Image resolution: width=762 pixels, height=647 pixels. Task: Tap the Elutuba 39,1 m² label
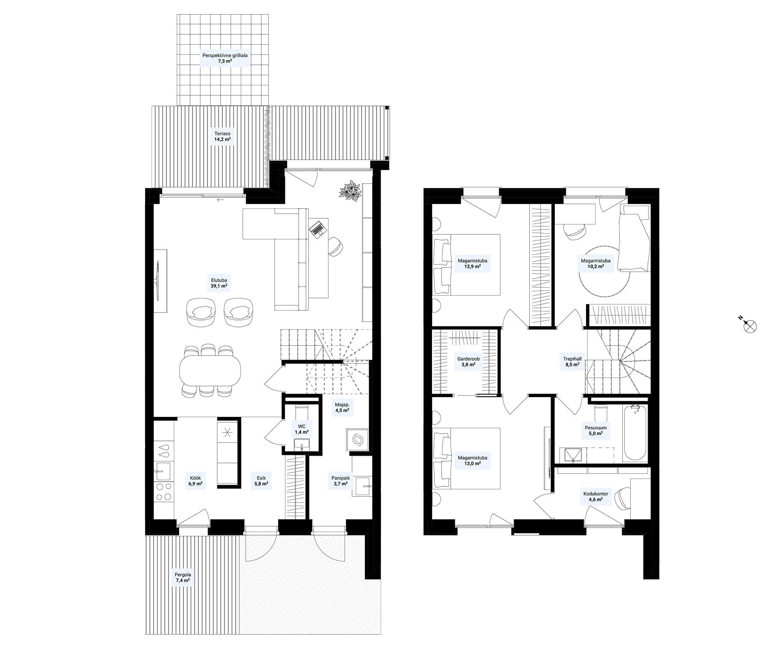[x=219, y=283]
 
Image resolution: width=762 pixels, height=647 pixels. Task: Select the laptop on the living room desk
[x=317, y=228]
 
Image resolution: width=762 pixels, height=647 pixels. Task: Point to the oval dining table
[x=210, y=370]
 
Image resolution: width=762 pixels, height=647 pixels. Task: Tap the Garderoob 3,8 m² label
[x=468, y=361]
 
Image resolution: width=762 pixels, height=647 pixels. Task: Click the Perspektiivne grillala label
[x=225, y=58]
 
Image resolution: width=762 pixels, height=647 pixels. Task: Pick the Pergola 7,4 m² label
[x=183, y=578]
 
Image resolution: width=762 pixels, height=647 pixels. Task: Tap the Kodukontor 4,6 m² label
[x=596, y=496]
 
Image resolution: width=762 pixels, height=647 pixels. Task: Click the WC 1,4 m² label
[x=301, y=429]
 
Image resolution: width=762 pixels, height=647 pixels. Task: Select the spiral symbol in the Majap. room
[x=358, y=440]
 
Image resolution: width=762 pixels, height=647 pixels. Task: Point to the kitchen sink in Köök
[x=164, y=471]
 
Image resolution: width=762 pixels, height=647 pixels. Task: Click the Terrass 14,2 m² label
[x=222, y=136]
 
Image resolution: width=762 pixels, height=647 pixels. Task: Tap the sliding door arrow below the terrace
[x=221, y=200]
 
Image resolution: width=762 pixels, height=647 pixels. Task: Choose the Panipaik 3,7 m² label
[x=340, y=481]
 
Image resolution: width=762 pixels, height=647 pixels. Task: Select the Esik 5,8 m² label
[x=261, y=481]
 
